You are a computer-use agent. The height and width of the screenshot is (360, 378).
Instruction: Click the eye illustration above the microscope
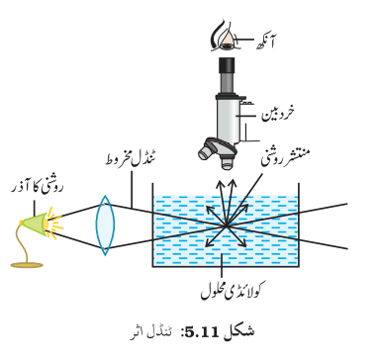(225, 39)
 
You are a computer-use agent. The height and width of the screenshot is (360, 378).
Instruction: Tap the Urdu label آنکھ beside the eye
(266, 43)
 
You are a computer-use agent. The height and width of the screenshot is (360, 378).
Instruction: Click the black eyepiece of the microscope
(227, 64)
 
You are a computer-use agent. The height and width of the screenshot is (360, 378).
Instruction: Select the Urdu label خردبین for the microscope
(278, 114)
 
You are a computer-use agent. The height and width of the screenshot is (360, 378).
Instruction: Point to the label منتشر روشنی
(286, 156)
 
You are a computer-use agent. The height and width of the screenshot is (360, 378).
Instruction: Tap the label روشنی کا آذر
(37, 190)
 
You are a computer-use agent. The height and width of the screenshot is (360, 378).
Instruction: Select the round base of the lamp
(27, 265)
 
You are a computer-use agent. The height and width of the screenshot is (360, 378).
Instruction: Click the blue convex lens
(105, 225)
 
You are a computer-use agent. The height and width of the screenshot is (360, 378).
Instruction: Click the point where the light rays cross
(226, 225)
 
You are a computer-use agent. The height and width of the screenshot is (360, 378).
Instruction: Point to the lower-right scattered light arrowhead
(243, 244)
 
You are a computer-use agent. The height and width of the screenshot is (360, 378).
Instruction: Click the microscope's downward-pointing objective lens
(227, 162)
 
